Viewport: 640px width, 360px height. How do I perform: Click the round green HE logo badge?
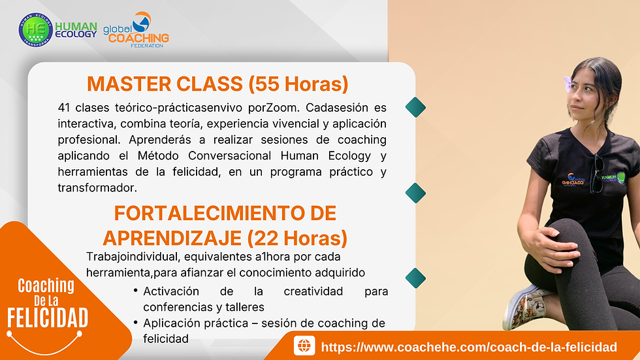(35, 30)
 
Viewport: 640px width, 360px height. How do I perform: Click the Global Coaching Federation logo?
(136, 29)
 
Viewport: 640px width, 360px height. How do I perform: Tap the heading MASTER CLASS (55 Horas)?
(217, 84)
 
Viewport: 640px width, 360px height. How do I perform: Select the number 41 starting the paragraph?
(65, 107)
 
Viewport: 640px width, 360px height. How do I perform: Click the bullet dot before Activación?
(135, 291)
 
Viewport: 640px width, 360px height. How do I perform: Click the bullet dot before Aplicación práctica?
(135, 323)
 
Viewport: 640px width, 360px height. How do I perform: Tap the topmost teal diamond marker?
(415, 107)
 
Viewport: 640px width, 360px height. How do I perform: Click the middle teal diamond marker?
(415, 192)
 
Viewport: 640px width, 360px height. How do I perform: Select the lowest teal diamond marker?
(415, 277)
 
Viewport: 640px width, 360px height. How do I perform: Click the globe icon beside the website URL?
(304, 346)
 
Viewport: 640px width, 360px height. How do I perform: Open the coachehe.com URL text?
(469, 346)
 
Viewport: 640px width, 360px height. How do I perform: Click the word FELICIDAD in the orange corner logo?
(47, 318)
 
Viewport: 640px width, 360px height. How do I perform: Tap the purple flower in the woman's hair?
(568, 84)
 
